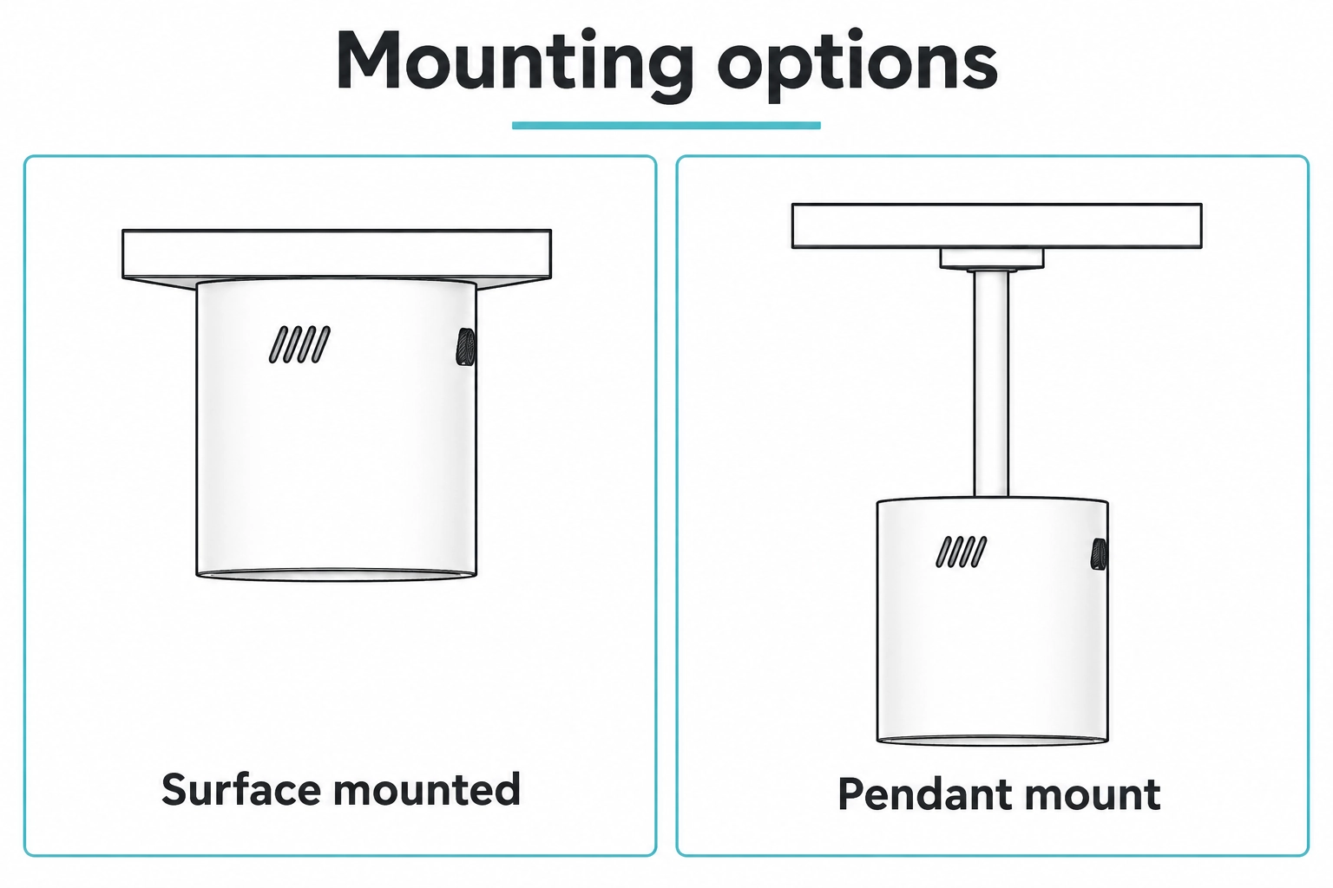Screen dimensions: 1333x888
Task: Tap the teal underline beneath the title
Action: click(x=666, y=125)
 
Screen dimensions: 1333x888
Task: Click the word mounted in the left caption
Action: click(x=427, y=789)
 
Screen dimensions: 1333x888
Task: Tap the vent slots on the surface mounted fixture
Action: click(x=299, y=344)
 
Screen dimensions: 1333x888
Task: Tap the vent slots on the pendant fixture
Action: click(x=961, y=552)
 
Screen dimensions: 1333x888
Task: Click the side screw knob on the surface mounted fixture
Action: click(x=465, y=347)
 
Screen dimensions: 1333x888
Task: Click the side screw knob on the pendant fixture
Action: click(x=1099, y=554)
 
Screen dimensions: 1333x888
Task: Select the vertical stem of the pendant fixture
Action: click(x=991, y=384)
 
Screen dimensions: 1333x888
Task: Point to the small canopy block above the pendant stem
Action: click(x=992, y=258)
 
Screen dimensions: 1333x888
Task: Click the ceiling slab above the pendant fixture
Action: click(x=997, y=226)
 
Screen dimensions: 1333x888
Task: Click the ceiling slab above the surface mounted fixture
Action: click(x=337, y=254)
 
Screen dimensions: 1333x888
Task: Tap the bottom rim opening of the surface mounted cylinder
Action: click(x=336, y=575)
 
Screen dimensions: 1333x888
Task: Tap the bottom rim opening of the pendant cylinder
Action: click(x=993, y=741)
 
